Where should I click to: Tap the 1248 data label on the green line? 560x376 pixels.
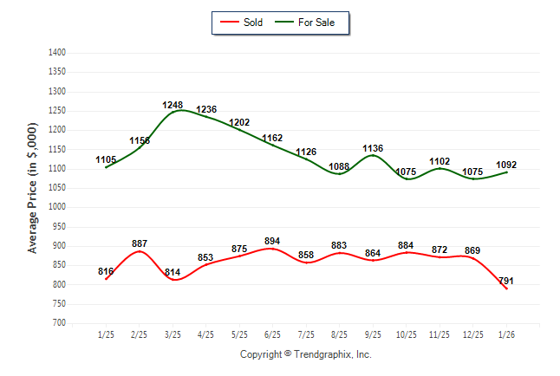click(x=173, y=106)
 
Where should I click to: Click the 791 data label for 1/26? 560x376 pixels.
click(x=507, y=280)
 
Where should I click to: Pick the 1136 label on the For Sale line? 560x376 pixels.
click(x=373, y=148)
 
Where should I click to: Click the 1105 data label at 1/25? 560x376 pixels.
click(x=106, y=159)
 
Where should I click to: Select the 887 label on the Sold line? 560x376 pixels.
click(x=140, y=243)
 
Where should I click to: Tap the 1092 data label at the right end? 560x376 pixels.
click(x=506, y=165)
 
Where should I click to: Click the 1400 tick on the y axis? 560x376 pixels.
click(x=58, y=53)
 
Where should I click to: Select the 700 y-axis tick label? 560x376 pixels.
click(x=60, y=323)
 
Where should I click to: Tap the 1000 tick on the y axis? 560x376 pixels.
click(x=58, y=207)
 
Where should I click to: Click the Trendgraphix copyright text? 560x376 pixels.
click(x=305, y=354)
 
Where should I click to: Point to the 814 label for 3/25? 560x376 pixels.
click(x=173, y=273)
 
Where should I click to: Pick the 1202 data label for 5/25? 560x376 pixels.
click(x=239, y=123)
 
